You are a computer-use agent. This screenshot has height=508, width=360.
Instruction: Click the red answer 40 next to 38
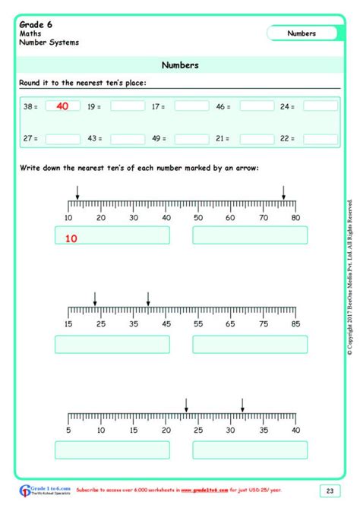click(62, 106)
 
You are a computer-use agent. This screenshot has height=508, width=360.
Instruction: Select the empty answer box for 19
click(127, 106)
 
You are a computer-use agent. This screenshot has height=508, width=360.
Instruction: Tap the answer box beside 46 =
click(256, 106)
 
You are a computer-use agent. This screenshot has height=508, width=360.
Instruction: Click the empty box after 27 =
click(62, 139)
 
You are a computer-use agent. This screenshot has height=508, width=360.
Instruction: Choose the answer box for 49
click(191, 139)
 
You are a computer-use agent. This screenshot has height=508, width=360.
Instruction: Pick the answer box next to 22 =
click(320, 139)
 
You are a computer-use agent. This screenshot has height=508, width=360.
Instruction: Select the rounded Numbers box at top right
click(302, 33)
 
